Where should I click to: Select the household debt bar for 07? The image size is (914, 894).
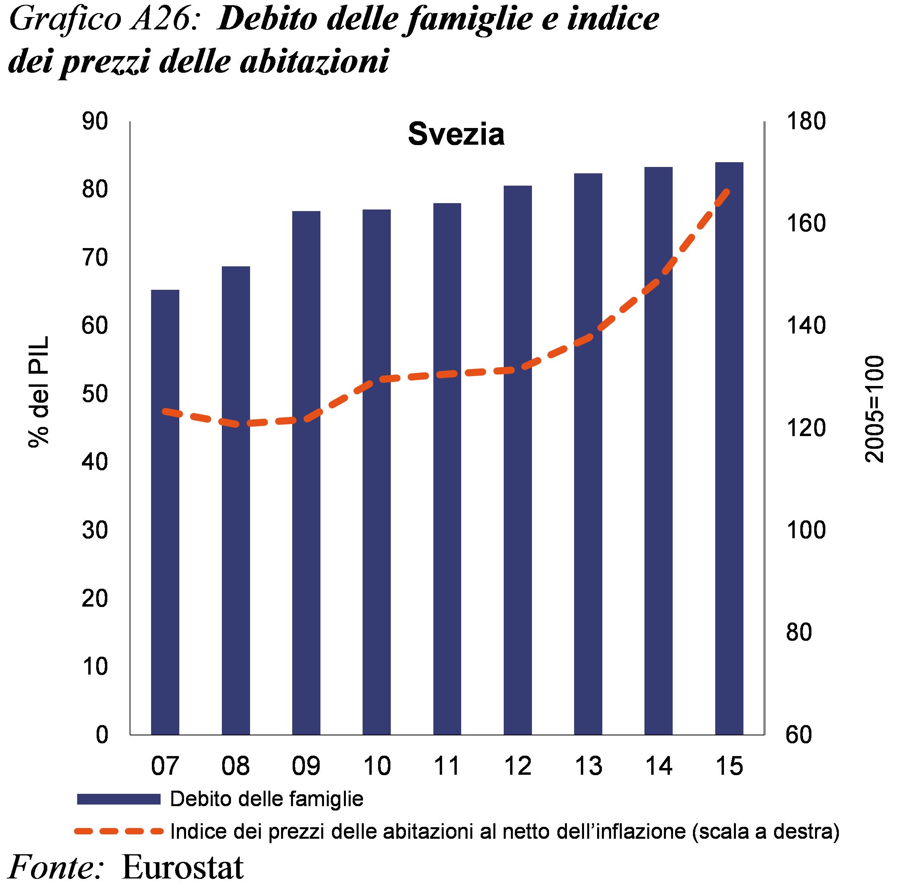(165, 512)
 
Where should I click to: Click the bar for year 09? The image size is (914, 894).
(306, 472)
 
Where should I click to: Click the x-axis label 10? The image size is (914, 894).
(376, 766)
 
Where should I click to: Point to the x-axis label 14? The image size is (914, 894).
(658, 766)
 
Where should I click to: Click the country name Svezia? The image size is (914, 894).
(456, 135)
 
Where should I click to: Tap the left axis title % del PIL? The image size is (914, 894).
(39, 392)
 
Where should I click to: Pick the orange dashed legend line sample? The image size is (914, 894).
(118, 832)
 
